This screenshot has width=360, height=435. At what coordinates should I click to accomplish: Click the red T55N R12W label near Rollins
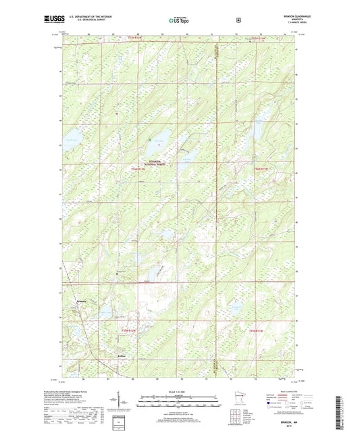[128, 330]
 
